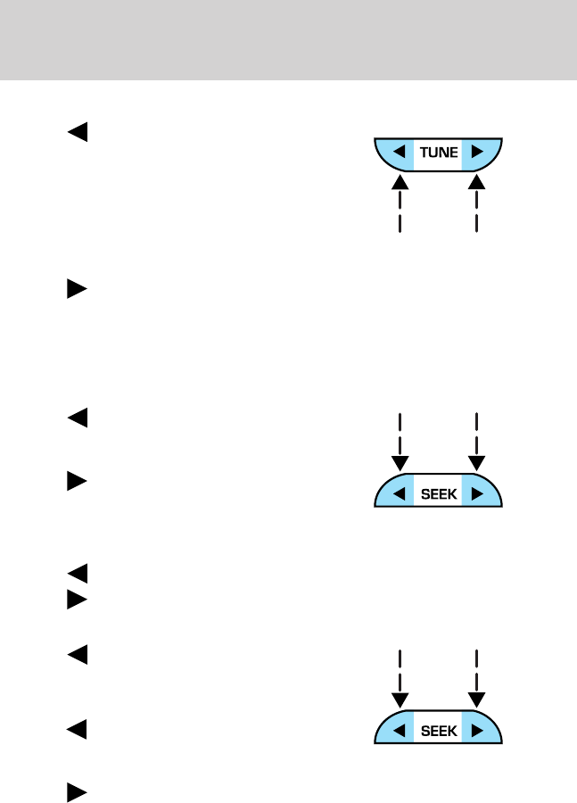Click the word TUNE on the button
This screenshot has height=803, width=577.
[x=438, y=153]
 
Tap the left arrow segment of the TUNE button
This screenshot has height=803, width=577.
[x=400, y=153]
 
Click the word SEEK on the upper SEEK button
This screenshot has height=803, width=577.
[x=438, y=493]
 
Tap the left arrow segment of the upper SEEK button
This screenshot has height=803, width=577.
[x=400, y=493]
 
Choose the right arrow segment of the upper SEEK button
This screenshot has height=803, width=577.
[x=476, y=493]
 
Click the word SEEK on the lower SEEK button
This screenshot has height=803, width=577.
[x=438, y=730]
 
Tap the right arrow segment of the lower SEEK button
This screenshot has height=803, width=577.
[x=476, y=730]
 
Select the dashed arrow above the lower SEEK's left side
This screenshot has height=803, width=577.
[x=400, y=679]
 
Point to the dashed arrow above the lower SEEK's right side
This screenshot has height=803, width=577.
[x=478, y=679]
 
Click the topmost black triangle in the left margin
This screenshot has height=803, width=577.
[x=78, y=133]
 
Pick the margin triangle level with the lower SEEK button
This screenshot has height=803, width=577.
[x=78, y=730]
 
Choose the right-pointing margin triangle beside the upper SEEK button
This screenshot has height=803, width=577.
[x=78, y=483]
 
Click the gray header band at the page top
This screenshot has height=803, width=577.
[x=288, y=40]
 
